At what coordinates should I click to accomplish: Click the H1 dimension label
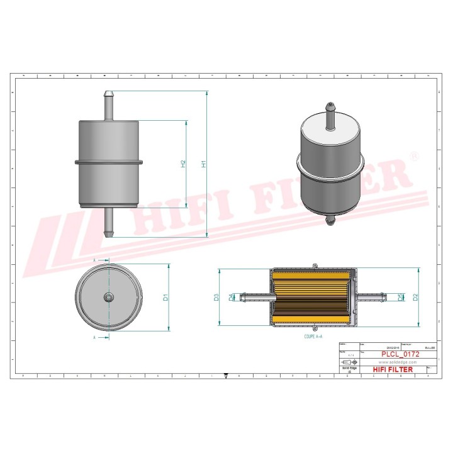(x=203, y=164)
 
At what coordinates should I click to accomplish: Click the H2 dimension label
(x=183, y=164)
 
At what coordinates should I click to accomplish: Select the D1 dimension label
(x=165, y=297)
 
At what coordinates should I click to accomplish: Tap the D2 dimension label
(x=415, y=297)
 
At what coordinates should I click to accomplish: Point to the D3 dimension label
(x=216, y=297)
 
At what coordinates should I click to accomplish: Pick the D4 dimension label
(x=231, y=296)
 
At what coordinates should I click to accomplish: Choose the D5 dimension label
(x=401, y=297)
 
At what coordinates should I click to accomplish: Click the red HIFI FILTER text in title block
(x=393, y=370)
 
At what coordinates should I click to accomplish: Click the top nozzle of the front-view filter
(x=109, y=104)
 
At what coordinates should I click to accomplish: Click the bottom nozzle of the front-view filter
(x=109, y=223)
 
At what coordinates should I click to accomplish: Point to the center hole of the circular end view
(x=109, y=297)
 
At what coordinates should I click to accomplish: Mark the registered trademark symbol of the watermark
(x=413, y=155)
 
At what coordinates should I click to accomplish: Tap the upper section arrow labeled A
(x=99, y=260)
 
